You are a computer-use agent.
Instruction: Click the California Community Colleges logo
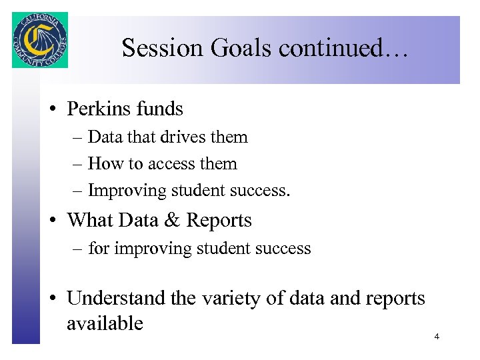click(x=40, y=40)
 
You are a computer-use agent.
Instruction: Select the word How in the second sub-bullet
click(x=101, y=164)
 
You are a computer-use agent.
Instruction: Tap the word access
click(x=171, y=164)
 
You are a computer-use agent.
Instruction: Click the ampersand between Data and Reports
click(x=171, y=220)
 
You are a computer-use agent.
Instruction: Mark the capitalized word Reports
click(x=219, y=220)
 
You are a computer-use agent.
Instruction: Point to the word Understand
click(x=117, y=298)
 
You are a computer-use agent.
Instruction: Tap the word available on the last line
click(x=105, y=323)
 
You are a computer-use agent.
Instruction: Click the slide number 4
click(x=437, y=337)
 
